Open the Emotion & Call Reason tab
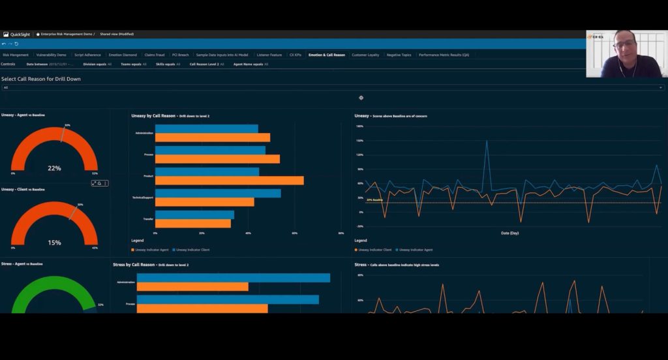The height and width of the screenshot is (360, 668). coord(326,55)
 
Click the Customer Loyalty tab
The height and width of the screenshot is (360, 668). coord(365,55)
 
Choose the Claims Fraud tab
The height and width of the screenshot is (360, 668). coord(154,55)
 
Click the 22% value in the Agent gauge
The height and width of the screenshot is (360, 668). coord(54,168)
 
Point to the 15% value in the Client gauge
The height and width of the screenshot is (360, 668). coord(54,243)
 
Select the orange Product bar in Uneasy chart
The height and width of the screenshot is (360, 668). coord(229,180)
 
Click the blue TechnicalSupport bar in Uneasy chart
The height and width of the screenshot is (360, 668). coord(218,193)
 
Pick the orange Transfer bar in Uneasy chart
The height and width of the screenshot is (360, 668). coord(192,223)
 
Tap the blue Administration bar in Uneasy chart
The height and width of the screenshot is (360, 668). coord(206,128)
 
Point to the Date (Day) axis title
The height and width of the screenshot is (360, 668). coord(509,233)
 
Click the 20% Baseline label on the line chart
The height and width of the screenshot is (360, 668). coord(373,200)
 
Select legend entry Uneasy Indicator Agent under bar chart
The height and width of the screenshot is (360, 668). coord(151,249)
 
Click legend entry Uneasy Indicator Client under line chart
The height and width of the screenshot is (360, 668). coord(374,249)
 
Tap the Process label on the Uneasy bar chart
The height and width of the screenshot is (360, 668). coord(148,155)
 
